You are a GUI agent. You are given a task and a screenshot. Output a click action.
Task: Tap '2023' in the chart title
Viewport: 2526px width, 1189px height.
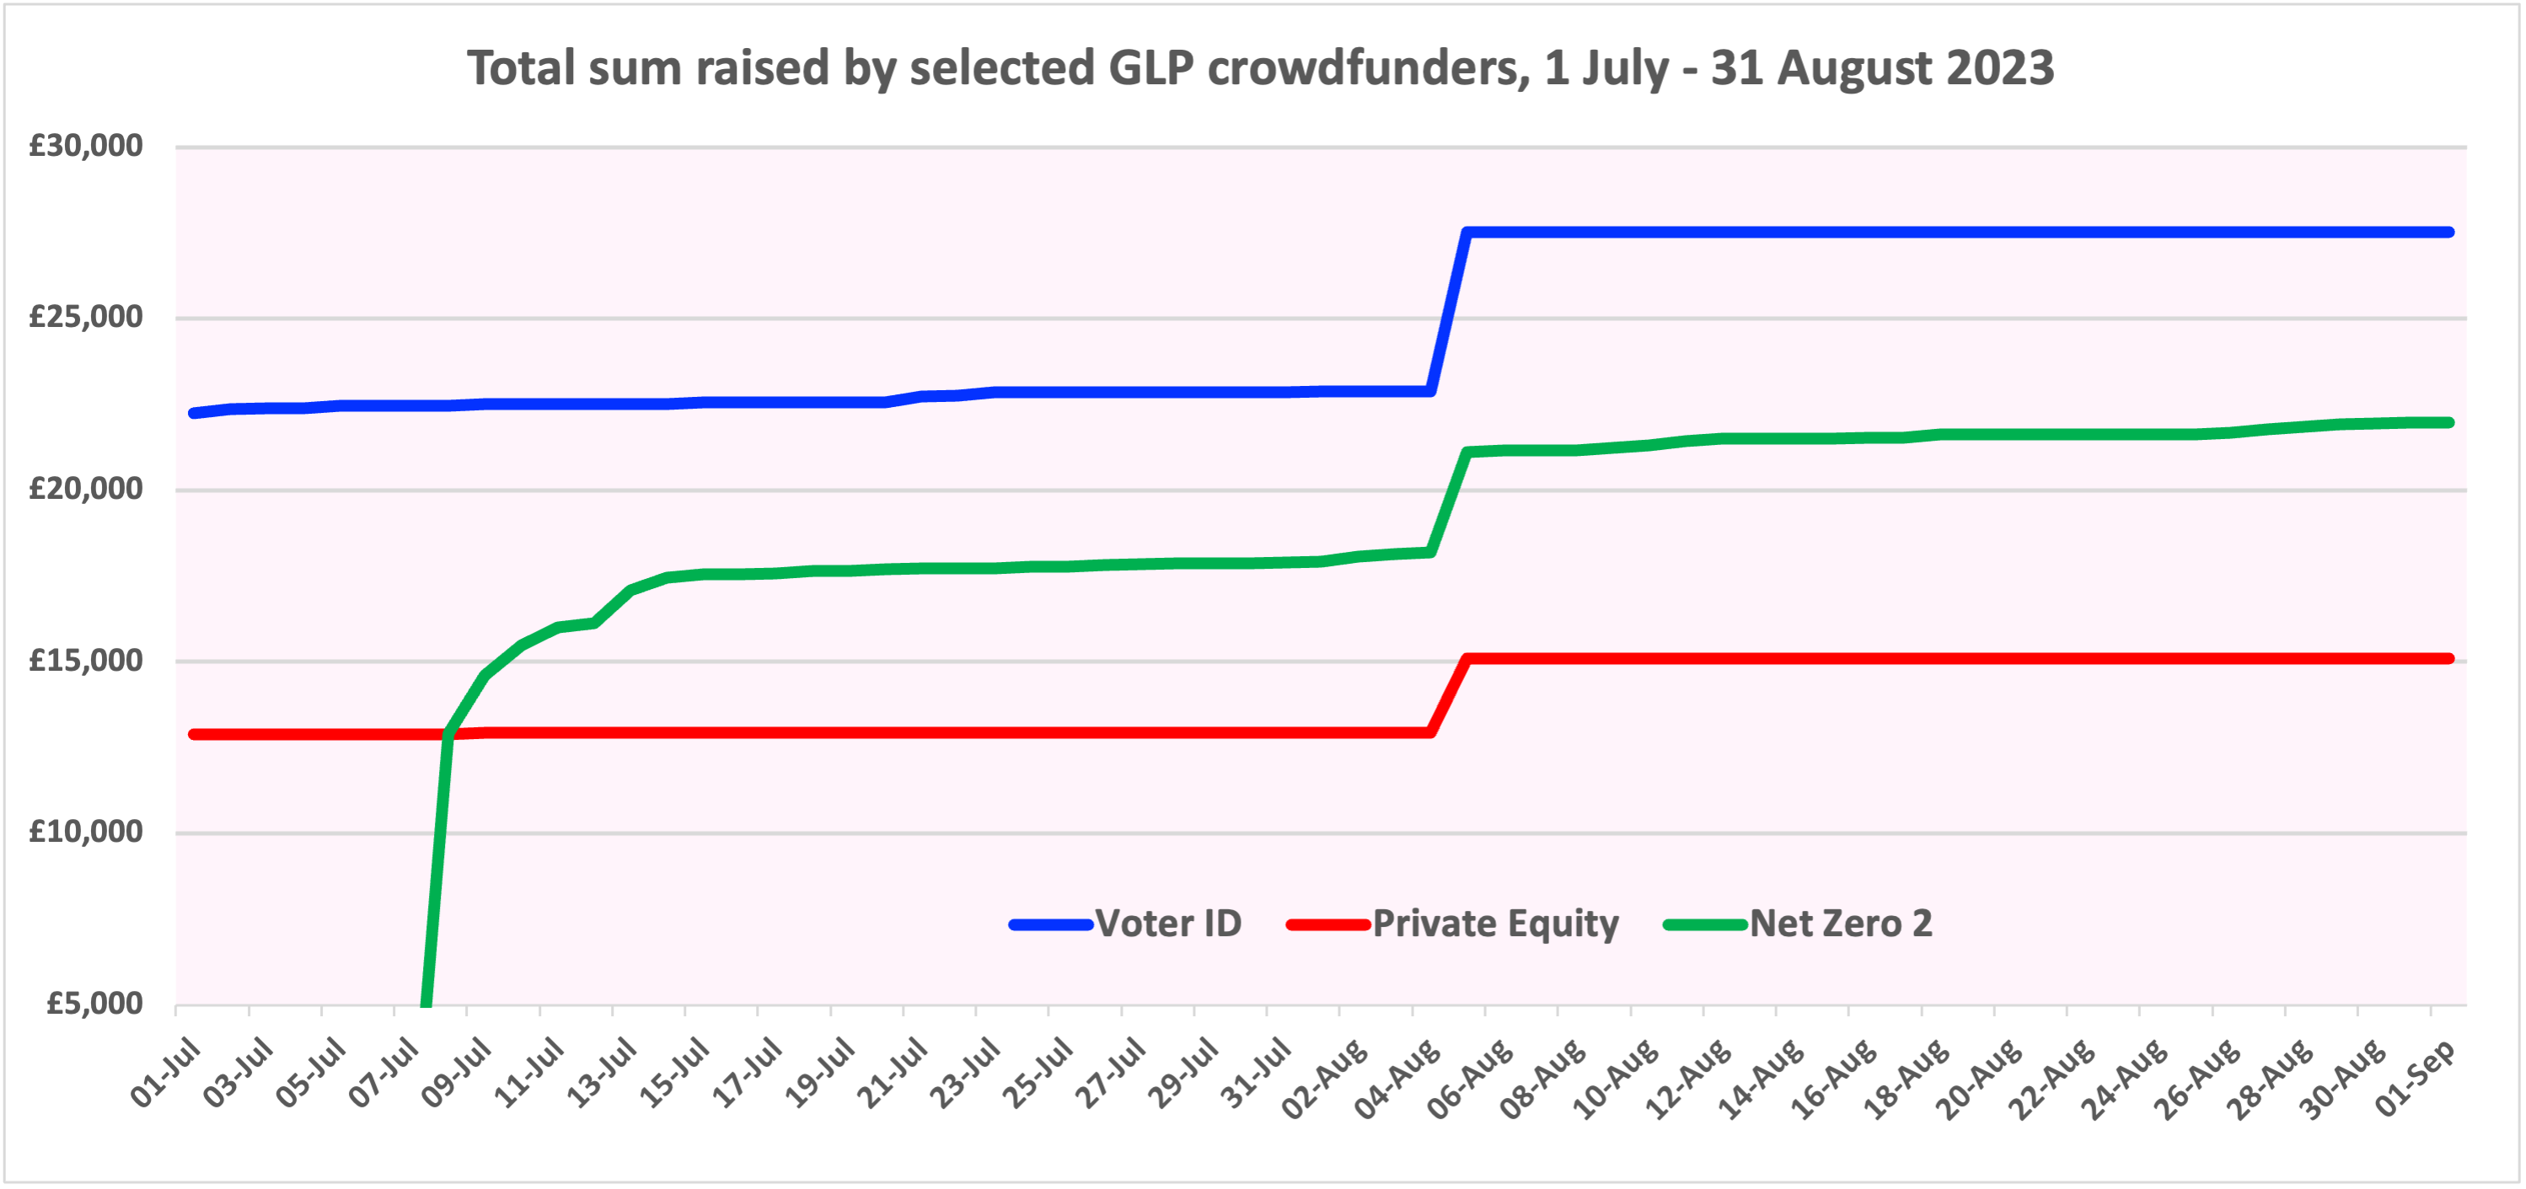1999,68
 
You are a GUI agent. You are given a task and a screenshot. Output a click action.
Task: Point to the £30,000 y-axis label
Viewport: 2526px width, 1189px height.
86,146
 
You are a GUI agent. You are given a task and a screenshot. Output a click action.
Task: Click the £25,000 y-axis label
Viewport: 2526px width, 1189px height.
86,318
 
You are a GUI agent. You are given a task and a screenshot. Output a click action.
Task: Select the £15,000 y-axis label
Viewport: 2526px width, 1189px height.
86,661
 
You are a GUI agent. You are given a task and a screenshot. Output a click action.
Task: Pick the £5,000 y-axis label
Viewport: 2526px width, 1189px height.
95,1004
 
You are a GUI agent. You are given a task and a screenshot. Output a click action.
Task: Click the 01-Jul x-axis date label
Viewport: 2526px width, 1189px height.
167,1074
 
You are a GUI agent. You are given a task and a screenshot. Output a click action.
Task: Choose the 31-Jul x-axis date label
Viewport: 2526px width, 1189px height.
1258,1074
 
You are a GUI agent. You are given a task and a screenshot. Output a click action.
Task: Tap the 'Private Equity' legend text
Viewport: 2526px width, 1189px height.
1495,924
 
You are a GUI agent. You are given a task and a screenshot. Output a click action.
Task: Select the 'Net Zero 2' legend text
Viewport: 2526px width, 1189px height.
1841,924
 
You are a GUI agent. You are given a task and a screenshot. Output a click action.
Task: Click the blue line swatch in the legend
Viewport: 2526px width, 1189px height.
1051,924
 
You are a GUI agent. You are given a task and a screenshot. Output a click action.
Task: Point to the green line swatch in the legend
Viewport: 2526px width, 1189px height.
1705,924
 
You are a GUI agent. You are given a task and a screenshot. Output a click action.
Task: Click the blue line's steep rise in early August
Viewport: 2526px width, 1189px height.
1448,312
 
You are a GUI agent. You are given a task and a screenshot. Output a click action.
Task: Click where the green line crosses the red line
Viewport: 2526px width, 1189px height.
448,733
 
